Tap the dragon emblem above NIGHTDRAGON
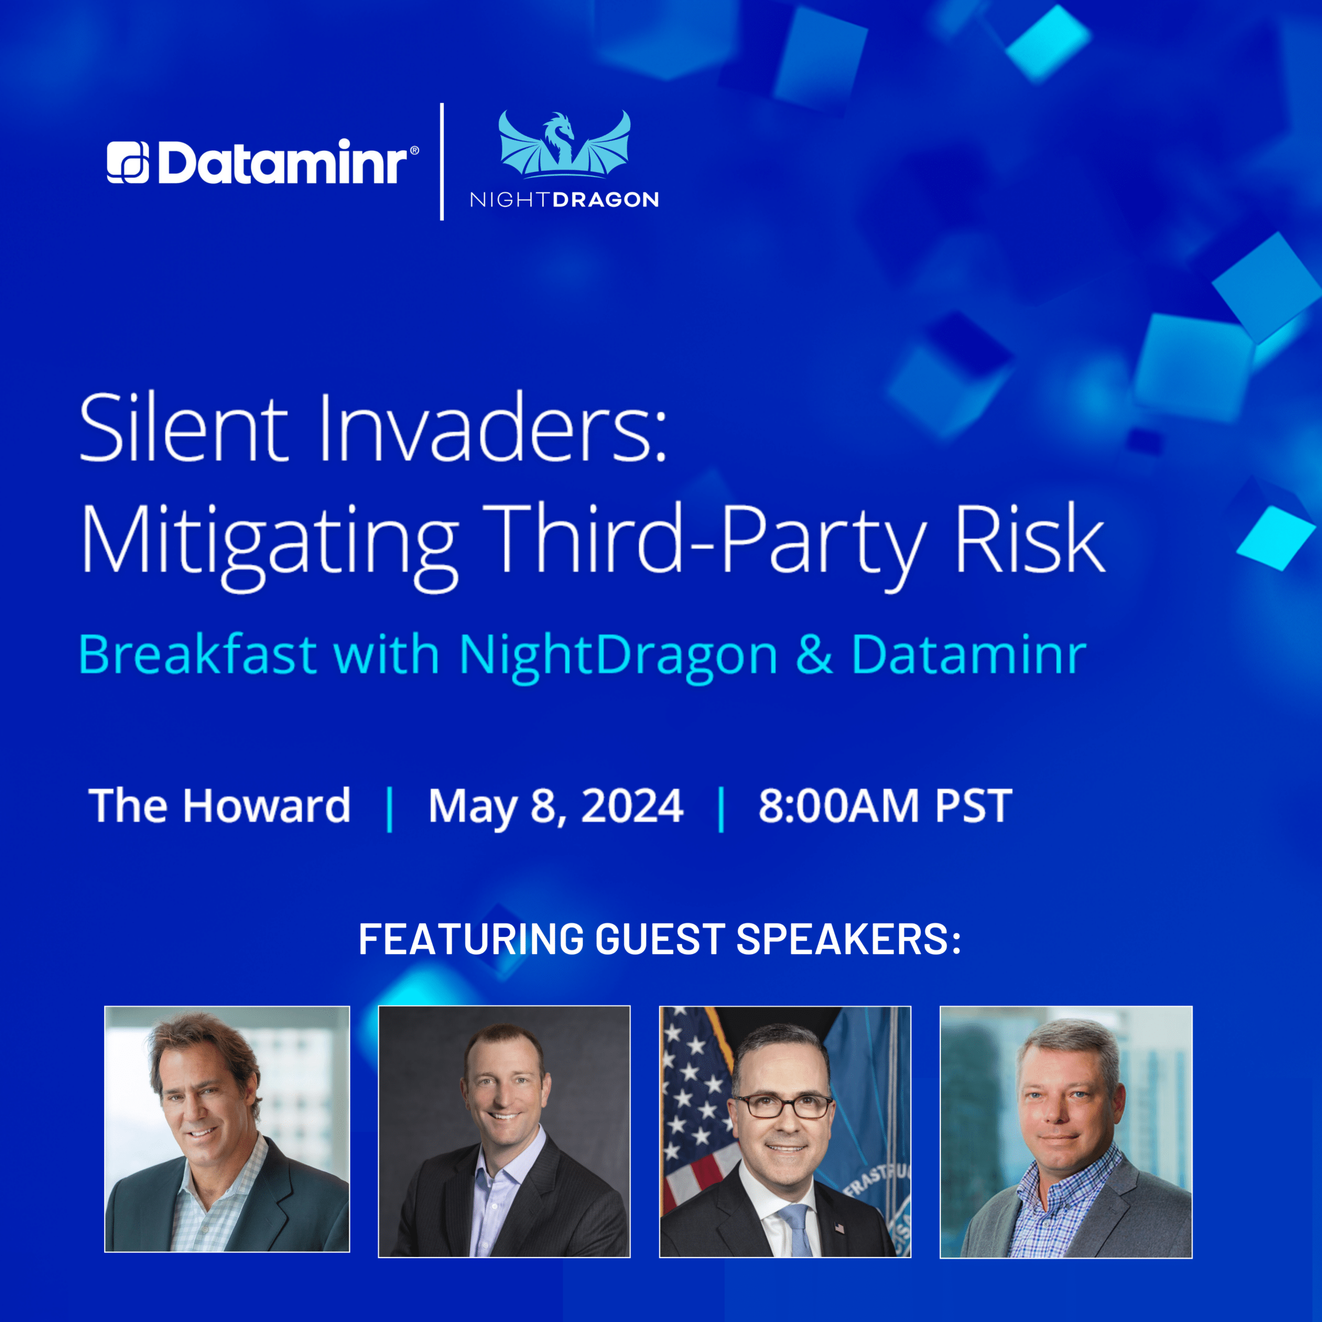(x=565, y=144)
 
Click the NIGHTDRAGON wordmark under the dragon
(x=565, y=200)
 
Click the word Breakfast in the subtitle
(x=198, y=655)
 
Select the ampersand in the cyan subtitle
(x=814, y=655)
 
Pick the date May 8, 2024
(x=556, y=808)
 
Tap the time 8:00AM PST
(x=885, y=805)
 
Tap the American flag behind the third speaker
(x=691, y=1108)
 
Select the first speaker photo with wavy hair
(x=227, y=1129)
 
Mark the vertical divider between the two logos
(x=442, y=161)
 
